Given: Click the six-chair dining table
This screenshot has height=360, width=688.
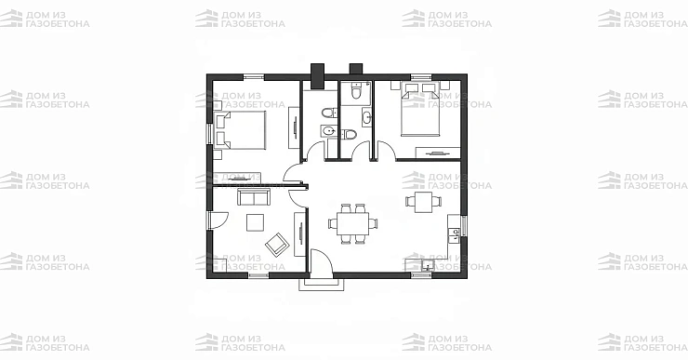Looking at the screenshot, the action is pyautogui.click(x=352, y=224).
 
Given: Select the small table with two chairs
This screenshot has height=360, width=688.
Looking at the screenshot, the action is pyautogui.click(x=423, y=202).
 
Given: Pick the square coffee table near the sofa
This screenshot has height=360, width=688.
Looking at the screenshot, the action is pyautogui.click(x=255, y=222).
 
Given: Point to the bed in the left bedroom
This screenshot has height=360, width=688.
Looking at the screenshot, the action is pyautogui.click(x=241, y=130).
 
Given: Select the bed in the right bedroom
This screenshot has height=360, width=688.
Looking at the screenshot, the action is pyautogui.click(x=420, y=110).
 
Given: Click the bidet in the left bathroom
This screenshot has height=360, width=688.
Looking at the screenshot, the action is pyautogui.click(x=329, y=131).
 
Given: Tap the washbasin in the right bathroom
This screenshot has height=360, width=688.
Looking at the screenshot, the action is pyautogui.click(x=367, y=117).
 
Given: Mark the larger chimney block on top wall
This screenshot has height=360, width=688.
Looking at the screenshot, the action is pyautogui.click(x=317, y=76).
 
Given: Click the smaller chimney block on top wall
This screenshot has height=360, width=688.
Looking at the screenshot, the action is pyautogui.click(x=355, y=69).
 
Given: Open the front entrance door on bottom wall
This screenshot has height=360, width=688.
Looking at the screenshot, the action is pyautogui.click(x=321, y=263).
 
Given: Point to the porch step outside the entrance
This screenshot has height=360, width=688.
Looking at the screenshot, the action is pyautogui.click(x=321, y=285).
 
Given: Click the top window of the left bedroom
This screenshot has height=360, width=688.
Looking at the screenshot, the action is pyautogui.click(x=254, y=77).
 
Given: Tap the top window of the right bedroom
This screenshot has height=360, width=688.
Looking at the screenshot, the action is pyautogui.click(x=421, y=77).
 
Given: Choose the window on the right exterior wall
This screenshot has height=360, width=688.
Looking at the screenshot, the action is pyautogui.click(x=464, y=226).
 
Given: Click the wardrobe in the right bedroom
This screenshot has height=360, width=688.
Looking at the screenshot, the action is pyautogui.click(x=438, y=153).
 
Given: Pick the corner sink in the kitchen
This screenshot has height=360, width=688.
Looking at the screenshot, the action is pyautogui.click(x=427, y=265).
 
